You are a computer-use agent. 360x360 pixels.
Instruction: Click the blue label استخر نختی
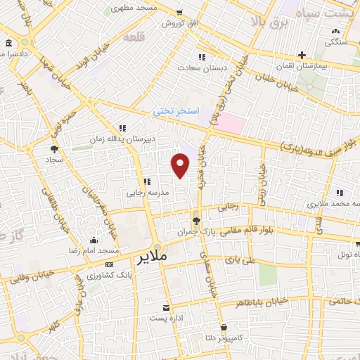177,111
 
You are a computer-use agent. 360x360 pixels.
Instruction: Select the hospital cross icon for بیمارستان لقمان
301,55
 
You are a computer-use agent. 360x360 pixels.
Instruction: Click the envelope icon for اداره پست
166,308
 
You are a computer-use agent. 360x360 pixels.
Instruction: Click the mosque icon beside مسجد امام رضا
94,240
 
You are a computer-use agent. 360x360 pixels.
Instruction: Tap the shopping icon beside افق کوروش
180,13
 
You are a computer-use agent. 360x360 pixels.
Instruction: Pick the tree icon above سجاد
54,148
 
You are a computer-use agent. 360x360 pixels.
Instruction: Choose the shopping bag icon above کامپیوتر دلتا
224,327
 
